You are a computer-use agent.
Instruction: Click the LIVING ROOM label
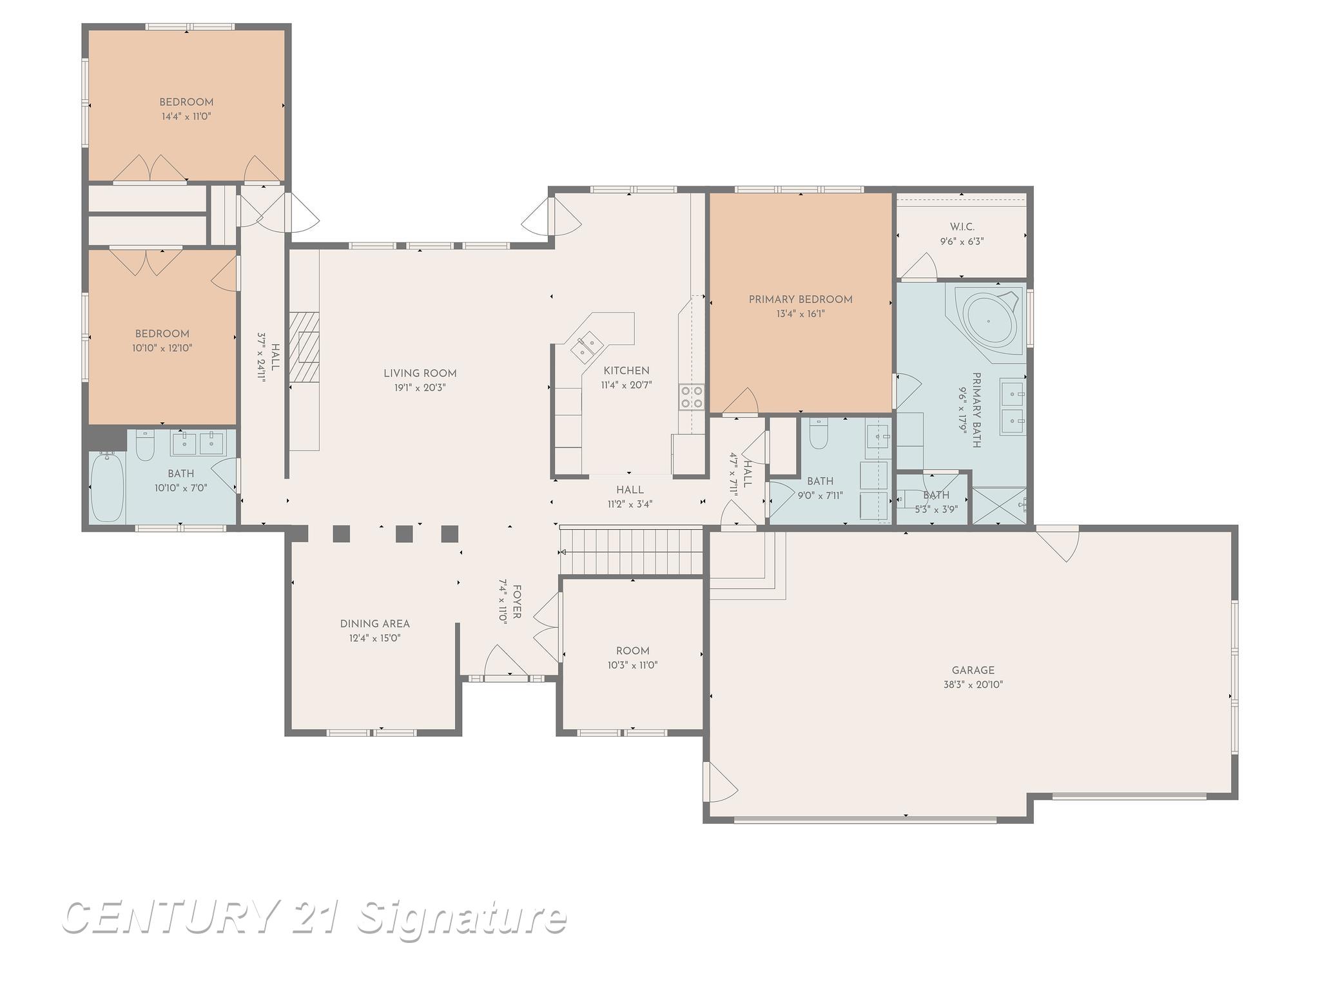[x=420, y=373]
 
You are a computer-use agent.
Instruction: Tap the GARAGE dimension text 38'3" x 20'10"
[x=973, y=684]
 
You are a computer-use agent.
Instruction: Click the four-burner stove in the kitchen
[x=692, y=396]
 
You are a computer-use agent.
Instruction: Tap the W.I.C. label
[x=962, y=227]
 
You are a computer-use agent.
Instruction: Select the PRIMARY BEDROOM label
[x=800, y=299]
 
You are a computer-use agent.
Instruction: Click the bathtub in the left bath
[x=106, y=487]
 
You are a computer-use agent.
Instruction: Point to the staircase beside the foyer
[x=630, y=551]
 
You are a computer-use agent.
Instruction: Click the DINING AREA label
[x=374, y=623]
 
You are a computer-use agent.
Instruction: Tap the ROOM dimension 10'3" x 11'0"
[x=632, y=665]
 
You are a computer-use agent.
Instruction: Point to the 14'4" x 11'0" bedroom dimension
[x=186, y=117]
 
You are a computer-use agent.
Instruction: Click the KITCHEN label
[x=626, y=371]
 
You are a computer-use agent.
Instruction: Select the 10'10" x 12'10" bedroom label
[x=162, y=334]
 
